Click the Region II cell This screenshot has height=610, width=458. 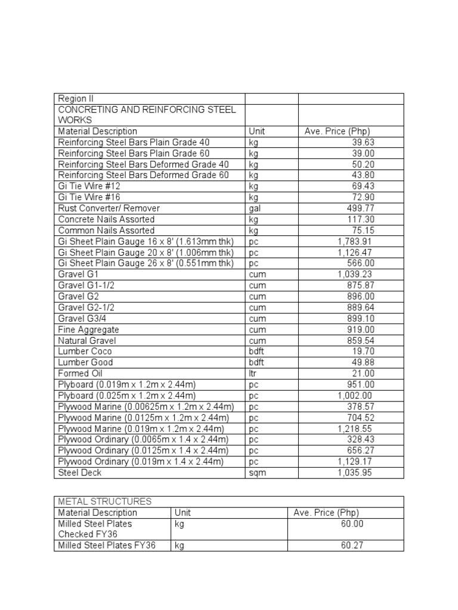(76, 99)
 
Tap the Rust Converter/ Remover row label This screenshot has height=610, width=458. (109, 208)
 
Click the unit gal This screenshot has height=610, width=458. (255, 208)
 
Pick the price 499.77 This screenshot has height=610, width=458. (361, 208)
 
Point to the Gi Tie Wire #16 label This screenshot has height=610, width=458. (89, 197)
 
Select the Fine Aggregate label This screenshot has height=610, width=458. (88, 329)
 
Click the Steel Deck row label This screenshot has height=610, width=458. (80, 472)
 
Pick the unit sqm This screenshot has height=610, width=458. (257, 472)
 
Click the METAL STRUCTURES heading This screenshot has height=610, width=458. (105, 502)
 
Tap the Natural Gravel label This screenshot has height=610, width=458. (87, 341)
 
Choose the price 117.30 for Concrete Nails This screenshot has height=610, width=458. (361, 219)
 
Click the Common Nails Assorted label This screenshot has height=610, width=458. (106, 231)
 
